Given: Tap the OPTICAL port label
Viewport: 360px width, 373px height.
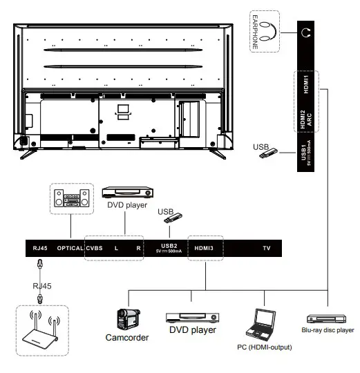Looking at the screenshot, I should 70,247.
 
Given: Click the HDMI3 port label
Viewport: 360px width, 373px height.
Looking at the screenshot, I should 205,247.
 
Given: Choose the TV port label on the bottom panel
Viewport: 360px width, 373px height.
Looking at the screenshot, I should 266,247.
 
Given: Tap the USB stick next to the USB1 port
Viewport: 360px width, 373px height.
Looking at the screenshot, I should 269,153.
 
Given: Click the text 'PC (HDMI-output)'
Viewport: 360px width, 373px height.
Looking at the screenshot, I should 265,347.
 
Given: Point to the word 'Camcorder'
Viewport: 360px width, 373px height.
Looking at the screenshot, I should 127,338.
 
